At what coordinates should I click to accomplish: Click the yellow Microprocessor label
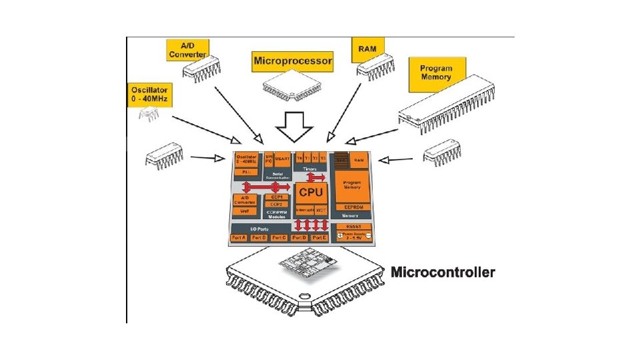(x=293, y=62)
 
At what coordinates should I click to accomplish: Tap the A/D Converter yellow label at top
(x=187, y=49)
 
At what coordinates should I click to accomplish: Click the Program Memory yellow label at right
(x=436, y=73)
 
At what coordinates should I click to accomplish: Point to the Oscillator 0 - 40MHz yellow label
(x=150, y=94)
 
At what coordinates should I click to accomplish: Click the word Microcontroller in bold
(x=443, y=272)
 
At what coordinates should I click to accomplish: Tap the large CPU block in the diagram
(x=311, y=193)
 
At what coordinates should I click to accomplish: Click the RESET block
(x=353, y=227)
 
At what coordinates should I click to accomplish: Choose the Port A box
(x=239, y=237)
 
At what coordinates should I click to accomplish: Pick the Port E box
(x=319, y=237)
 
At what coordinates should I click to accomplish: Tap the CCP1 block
(x=275, y=197)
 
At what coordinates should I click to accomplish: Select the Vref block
(x=245, y=211)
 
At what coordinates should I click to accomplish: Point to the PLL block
(x=245, y=172)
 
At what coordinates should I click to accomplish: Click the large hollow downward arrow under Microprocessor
(x=295, y=127)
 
